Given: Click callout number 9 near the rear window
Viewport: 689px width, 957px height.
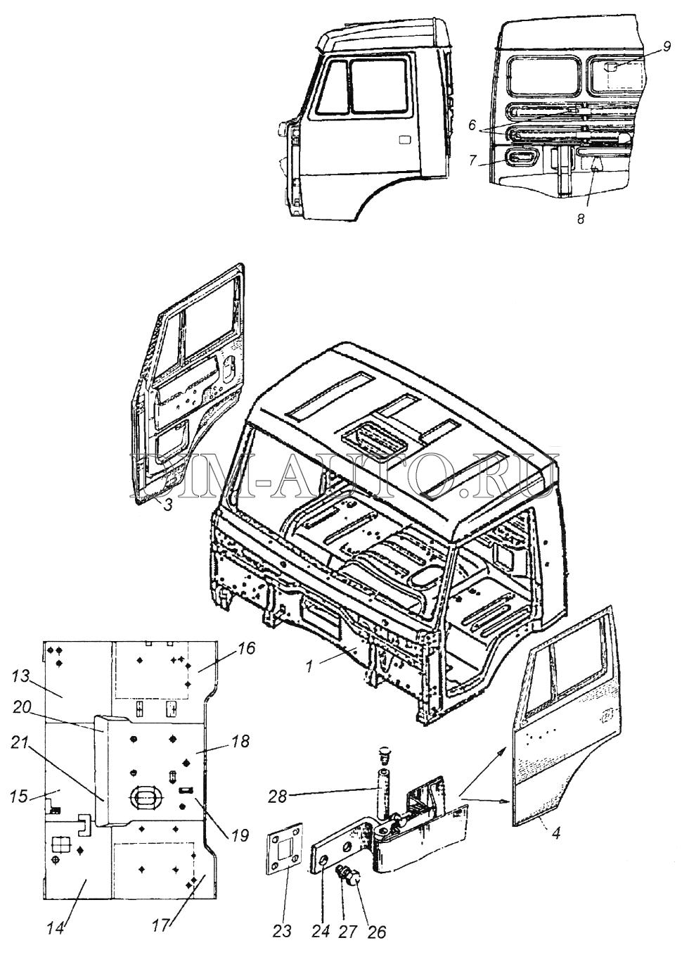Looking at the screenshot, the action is click(x=667, y=46).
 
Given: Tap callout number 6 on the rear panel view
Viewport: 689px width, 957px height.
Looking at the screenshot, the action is click(x=471, y=125).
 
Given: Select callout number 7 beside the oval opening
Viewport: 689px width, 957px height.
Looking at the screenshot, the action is click(x=472, y=160).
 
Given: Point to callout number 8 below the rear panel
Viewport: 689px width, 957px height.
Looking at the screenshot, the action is click(x=580, y=219).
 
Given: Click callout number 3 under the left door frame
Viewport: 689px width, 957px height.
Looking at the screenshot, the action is click(x=168, y=505).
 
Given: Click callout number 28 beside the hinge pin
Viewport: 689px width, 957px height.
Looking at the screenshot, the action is click(x=277, y=796).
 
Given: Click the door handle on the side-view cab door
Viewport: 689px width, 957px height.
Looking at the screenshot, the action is click(x=404, y=140).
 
